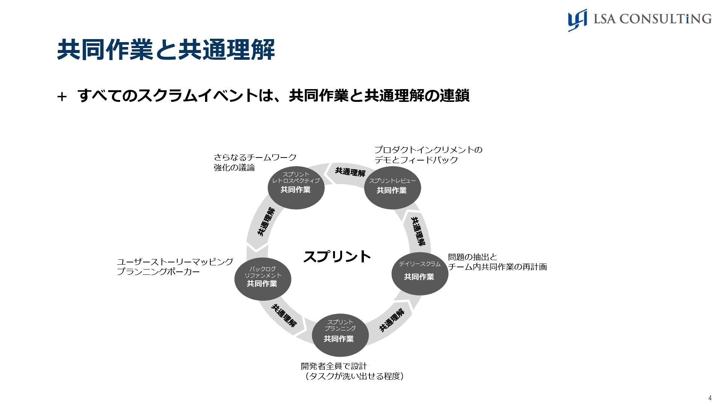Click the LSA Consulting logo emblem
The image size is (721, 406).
point(577,20)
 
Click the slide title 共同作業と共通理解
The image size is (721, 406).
point(166,50)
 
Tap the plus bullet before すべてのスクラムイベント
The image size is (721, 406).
point(62,97)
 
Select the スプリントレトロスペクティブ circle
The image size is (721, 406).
point(296,187)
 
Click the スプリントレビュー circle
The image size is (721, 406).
point(392,187)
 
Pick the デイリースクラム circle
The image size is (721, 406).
point(419,273)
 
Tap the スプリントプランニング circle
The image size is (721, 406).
point(340,335)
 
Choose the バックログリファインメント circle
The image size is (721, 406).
point(262,278)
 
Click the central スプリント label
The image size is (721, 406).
point(337,256)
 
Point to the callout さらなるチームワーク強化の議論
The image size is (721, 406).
point(255,162)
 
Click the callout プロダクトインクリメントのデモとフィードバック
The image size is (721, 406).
point(428,155)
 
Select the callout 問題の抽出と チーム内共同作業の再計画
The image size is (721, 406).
point(497,262)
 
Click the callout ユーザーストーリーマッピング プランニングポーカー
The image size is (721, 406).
point(175,267)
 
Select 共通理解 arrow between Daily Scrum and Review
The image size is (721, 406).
point(418,231)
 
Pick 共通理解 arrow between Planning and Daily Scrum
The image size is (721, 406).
point(392,320)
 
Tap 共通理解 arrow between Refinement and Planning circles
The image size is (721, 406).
point(284,315)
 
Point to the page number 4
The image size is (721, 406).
point(710,398)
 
